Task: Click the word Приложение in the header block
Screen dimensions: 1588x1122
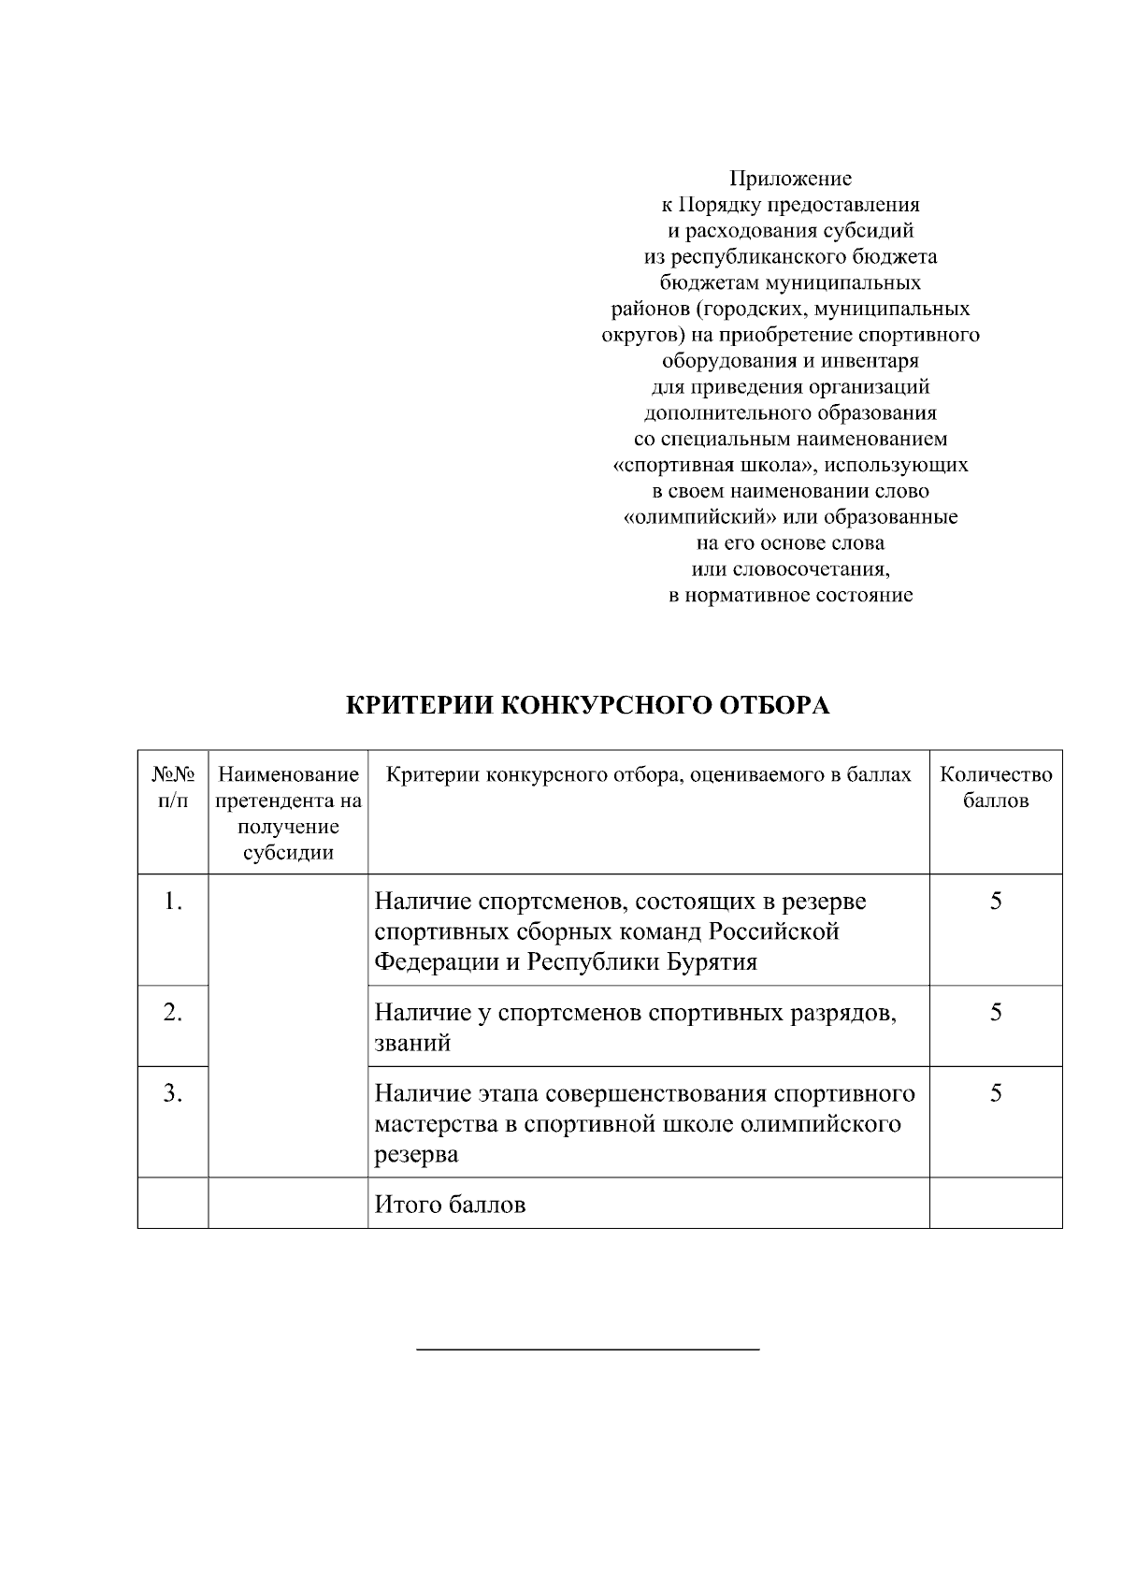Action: click(790, 178)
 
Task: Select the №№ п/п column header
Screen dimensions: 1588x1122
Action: click(173, 787)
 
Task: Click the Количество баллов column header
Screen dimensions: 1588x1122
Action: click(996, 787)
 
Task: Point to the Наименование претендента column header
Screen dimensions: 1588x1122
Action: click(288, 813)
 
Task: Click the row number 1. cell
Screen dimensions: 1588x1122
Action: click(173, 902)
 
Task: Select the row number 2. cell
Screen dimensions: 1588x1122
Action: click(173, 1013)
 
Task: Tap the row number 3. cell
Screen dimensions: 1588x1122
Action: click(173, 1093)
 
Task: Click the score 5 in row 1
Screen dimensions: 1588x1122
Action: click(996, 902)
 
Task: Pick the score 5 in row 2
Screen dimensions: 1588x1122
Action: click(996, 1013)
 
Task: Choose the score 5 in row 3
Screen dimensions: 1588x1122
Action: click(996, 1093)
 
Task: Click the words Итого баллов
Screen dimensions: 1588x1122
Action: click(450, 1205)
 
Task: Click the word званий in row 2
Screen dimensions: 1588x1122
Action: click(412, 1044)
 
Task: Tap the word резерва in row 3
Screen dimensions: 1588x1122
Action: click(416, 1155)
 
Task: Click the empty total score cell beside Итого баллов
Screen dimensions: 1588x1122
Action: click(996, 1204)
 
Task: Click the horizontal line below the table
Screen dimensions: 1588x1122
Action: click(587, 1350)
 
